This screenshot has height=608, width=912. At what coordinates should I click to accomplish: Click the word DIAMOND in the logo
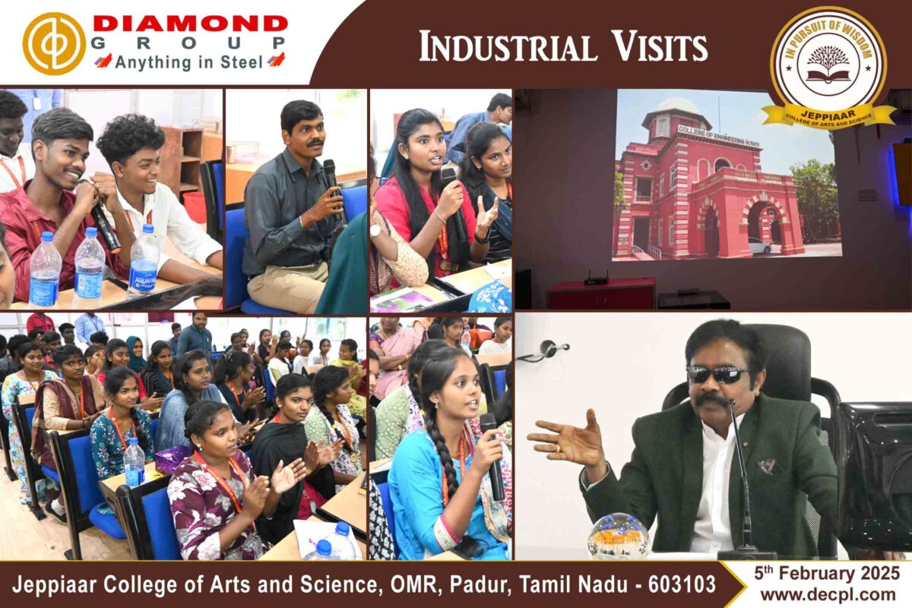tap(191, 24)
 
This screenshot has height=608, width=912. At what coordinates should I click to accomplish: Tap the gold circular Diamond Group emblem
tap(54, 43)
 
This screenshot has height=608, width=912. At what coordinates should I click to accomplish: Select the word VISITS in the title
tap(660, 47)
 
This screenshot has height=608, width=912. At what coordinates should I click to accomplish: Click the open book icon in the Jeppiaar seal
tap(828, 76)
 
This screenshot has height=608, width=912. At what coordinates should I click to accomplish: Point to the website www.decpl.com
tap(828, 595)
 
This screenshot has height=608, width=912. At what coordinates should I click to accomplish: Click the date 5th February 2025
tap(827, 573)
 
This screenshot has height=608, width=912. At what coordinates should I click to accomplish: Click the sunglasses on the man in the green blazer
tap(717, 374)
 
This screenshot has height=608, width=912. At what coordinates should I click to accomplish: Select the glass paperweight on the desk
tap(619, 536)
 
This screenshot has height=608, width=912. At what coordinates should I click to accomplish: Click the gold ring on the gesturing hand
tap(558, 448)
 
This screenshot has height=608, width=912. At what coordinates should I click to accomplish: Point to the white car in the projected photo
tap(760, 245)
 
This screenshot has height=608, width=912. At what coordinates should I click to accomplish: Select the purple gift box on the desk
tap(173, 459)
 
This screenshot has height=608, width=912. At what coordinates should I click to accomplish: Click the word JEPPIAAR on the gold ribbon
tap(828, 112)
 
